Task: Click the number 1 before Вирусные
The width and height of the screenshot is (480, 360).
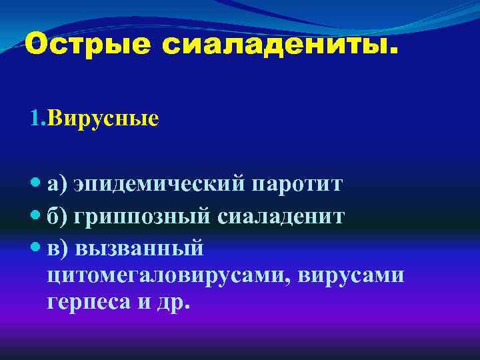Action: pyautogui.click(x=35, y=119)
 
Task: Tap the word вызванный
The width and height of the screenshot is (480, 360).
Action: pyautogui.click(x=139, y=248)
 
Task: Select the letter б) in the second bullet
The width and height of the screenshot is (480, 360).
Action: pyautogui.click(x=57, y=216)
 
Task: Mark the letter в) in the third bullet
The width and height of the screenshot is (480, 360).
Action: pyautogui.click(x=57, y=248)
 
